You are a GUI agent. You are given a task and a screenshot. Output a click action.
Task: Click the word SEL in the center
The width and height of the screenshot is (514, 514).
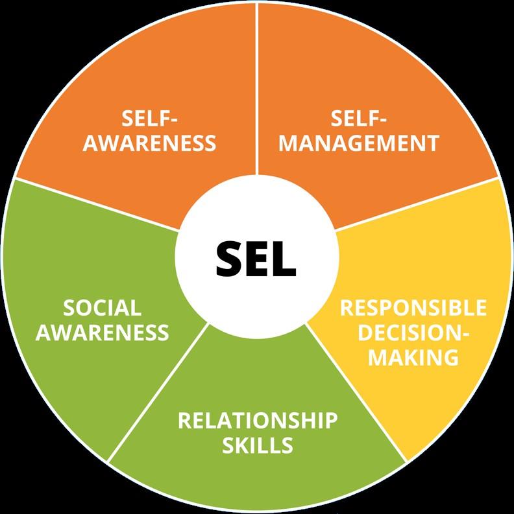[x=256, y=258]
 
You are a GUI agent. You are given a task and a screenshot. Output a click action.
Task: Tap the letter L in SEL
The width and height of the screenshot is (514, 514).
[x=284, y=258]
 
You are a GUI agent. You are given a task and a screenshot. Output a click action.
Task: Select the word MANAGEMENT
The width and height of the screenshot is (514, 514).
[x=359, y=143]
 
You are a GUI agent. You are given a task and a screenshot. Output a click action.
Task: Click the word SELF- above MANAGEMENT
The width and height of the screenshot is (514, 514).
[x=359, y=119]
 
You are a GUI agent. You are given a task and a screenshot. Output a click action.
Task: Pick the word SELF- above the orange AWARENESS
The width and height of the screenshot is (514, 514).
[x=149, y=119]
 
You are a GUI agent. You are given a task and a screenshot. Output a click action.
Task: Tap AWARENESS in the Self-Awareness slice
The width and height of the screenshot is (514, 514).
[x=149, y=143]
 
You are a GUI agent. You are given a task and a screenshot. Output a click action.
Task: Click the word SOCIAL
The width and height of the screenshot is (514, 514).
[x=102, y=308]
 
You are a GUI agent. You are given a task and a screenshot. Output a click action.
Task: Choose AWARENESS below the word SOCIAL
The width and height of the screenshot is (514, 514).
[x=102, y=333]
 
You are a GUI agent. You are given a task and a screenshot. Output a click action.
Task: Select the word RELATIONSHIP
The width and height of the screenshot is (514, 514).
[x=258, y=420]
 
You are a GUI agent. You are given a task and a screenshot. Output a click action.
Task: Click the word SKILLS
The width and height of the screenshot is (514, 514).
[x=258, y=445]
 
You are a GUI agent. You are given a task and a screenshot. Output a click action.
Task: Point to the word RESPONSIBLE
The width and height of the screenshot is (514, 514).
[x=413, y=307]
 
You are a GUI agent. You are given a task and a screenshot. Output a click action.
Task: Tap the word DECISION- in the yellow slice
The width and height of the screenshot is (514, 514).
[x=413, y=331]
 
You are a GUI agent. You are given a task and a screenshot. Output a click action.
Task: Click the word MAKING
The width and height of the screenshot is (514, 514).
[x=413, y=356]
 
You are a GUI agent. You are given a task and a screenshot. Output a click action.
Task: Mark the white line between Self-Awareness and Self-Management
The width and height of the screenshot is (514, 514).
[x=257, y=91]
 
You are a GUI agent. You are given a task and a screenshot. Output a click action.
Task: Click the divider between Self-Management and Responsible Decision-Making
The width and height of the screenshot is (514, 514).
[x=415, y=202]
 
